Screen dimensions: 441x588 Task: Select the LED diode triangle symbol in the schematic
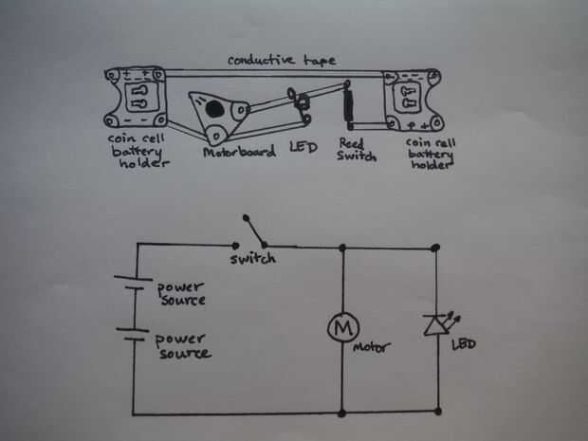coord(435,325)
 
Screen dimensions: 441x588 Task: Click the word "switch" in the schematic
coord(252,258)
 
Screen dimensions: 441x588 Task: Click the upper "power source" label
coord(180,292)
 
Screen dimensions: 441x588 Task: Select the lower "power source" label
coord(183,345)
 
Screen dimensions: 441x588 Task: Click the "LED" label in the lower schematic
coord(466,343)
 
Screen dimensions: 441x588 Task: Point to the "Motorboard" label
coord(239,150)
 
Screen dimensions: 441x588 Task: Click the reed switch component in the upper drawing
coord(348,106)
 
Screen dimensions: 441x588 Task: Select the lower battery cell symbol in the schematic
coord(132,337)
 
